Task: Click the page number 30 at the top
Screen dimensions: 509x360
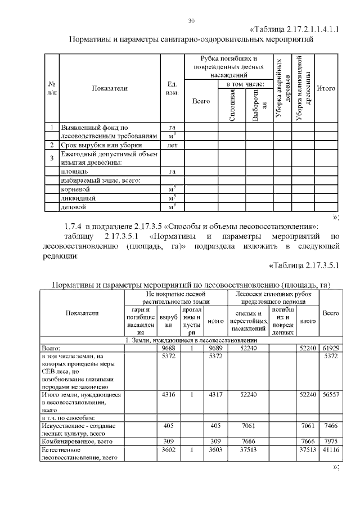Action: (191, 21)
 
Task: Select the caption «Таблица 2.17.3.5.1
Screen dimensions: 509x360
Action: (304, 265)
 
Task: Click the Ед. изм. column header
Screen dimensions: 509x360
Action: (172, 88)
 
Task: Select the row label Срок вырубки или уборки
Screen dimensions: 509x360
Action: (93, 145)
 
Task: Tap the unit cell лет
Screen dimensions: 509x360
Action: (172, 145)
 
